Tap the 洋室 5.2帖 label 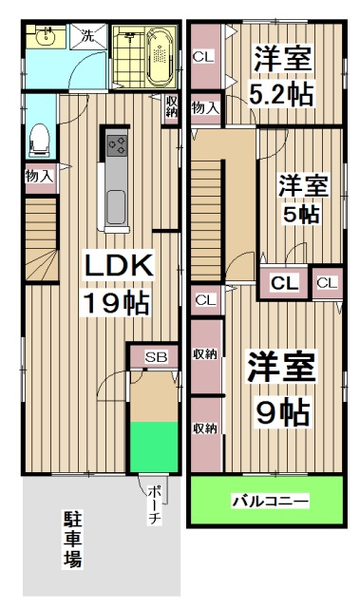click(x=282, y=76)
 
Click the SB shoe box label click(x=153, y=356)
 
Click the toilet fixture click(x=40, y=140)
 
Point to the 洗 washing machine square click(x=86, y=37)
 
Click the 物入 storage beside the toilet click(x=39, y=176)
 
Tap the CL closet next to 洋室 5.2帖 click(x=203, y=56)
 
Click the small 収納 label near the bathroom click(x=171, y=106)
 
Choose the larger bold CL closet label click(x=284, y=282)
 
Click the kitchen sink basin click(x=117, y=205)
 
